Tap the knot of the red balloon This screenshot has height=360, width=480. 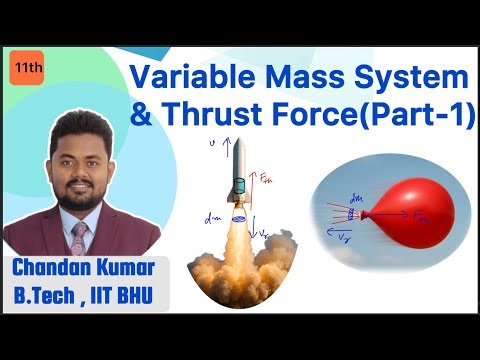pyautogui.click(x=358, y=214)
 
